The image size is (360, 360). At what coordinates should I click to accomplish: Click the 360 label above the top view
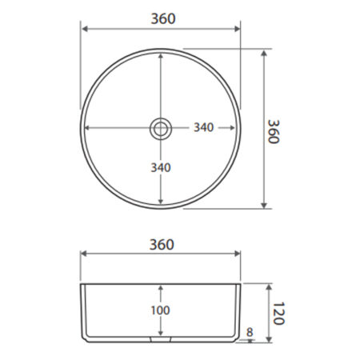[163, 18]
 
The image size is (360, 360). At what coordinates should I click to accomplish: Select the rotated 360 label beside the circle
[274, 132]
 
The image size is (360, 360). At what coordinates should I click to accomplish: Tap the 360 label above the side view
[162, 245]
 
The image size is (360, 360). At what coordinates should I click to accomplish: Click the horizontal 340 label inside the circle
[203, 127]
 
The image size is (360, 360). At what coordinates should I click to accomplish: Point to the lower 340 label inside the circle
[161, 168]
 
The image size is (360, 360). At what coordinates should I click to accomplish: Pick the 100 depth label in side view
[160, 310]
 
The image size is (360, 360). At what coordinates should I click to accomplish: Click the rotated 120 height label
[279, 314]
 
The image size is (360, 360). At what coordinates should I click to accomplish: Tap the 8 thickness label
[250, 332]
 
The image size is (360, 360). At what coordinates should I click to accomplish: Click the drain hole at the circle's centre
[161, 129]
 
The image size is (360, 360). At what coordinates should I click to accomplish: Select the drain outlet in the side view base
[160, 339]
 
